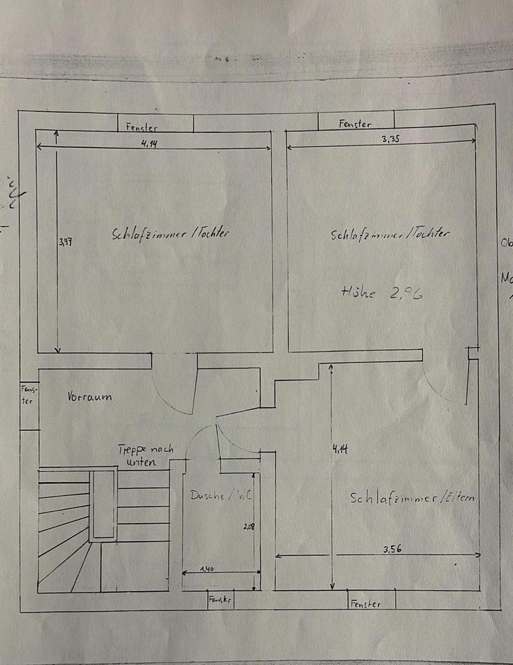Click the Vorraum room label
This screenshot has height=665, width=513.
coord(89,398)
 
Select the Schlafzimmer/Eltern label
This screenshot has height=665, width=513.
coord(413,497)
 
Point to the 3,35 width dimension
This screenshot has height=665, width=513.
coord(392,139)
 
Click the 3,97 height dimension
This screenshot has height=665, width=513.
coord(65,242)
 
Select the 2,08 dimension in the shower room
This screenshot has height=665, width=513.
coord(248,527)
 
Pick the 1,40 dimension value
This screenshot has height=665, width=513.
coord(207,569)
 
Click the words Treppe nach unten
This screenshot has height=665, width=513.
coord(145,456)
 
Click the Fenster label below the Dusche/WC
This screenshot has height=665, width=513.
coord(220,600)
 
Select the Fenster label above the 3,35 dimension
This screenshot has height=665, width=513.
coord(355,124)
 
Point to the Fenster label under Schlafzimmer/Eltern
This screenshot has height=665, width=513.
coord(365,604)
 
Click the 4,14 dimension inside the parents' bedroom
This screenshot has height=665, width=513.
coord(340,449)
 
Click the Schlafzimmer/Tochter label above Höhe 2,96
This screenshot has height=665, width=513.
coord(390,235)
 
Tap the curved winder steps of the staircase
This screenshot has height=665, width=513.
coord(62,547)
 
